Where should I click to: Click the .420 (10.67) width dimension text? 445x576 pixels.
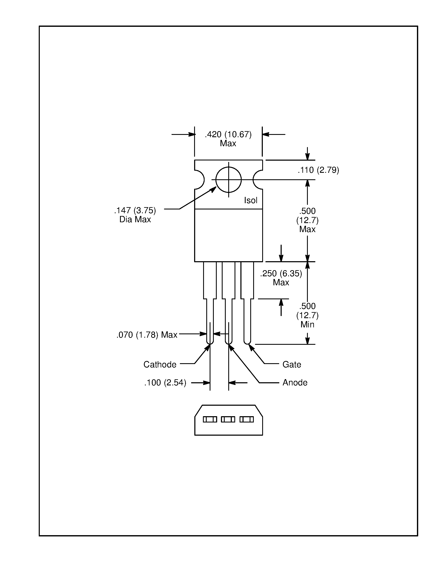pos(228,134)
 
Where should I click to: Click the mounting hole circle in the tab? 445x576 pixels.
pos(228,180)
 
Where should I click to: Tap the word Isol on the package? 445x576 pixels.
pos(250,200)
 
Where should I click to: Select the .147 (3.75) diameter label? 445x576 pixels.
pos(135,211)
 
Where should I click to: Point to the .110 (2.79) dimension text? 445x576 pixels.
pos(318,170)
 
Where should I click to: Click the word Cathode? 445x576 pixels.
pos(160,364)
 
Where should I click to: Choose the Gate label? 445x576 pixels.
pos(292,364)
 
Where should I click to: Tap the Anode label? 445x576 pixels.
pos(295,383)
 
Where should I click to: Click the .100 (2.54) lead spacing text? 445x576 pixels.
pos(165,383)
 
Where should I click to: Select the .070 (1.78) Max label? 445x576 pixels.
pos(147,335)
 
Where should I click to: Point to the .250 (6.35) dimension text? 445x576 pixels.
pos(281,274)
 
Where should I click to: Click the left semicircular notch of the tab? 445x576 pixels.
pos(200,180)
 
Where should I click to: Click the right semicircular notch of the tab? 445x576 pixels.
pos(257,180)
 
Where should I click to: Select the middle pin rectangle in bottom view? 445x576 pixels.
pos(228,419)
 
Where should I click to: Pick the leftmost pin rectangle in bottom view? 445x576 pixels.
pos(210,419)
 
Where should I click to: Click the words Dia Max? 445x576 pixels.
pos(135,220)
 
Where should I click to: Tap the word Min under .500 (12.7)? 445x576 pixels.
pos(307,324)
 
